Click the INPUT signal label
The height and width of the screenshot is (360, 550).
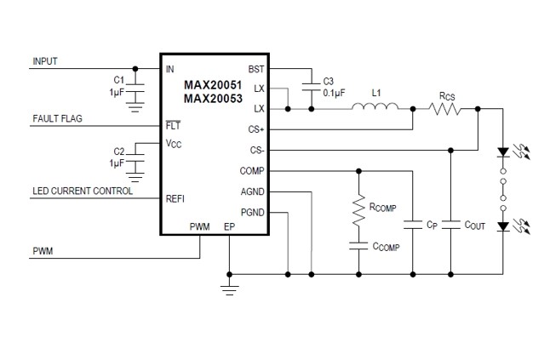tap(46, 61)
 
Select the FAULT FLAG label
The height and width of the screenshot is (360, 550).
tap(57, 118)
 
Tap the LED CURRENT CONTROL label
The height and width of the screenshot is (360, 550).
tap(83, 191)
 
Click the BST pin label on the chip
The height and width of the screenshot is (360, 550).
tap(256, 69)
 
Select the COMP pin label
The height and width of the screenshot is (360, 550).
tap(253, 171)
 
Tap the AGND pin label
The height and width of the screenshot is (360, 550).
tap(253, 191)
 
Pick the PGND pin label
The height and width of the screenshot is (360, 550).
tap(253, 212)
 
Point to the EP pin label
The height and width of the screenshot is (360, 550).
tap(228, 227)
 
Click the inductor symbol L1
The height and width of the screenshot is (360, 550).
tap(374, 108)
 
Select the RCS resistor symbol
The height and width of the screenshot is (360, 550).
tap(444, 109)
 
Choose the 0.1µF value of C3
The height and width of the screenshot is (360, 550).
tap(334, 92)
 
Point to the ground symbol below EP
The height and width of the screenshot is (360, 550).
tap(228, 289)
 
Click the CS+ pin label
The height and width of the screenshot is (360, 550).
tap(256, 130)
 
